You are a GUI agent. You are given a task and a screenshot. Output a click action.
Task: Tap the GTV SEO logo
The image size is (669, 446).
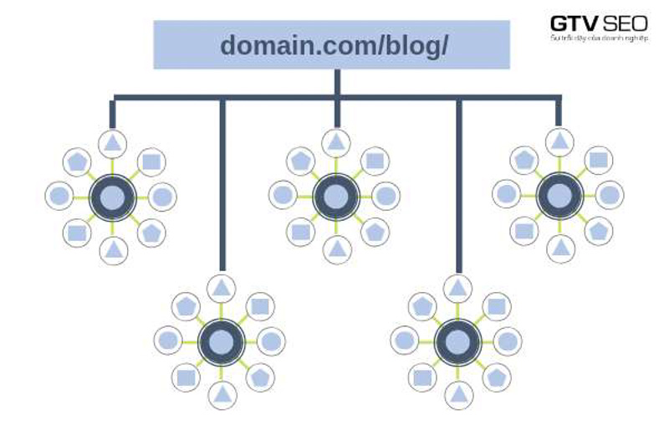(x=599, y=23)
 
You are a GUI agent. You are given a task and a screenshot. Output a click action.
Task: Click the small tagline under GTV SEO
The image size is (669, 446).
(x=599, y=38)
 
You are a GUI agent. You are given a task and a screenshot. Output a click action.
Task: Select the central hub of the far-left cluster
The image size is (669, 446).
(x=113, y=197)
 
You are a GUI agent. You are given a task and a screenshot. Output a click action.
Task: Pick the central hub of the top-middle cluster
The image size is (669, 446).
(x=335, y=197)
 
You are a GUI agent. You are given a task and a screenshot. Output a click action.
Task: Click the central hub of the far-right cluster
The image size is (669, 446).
(x=559, y=196)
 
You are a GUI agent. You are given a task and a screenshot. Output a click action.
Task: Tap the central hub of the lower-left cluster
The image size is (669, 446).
(x=222, y=342)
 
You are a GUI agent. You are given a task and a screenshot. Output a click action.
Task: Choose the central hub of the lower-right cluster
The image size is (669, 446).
(x=457, y=342)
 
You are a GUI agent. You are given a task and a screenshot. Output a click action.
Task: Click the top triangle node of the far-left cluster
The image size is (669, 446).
(x=113, y=143)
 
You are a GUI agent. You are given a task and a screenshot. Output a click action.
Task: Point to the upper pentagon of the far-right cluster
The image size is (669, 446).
(x=524, y=159)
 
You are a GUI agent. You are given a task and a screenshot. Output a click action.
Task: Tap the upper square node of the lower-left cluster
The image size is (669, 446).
(x=260, y=306)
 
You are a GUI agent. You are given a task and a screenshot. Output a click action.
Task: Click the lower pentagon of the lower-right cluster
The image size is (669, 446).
(x=497, y=377)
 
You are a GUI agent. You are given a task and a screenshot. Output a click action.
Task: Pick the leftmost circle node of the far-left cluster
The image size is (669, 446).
(x=59, y=197)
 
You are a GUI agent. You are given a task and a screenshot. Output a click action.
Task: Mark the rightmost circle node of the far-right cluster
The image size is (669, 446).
(x=610, y=196)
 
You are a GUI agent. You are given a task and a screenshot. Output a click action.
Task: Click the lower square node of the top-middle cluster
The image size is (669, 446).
(x=300, y=233)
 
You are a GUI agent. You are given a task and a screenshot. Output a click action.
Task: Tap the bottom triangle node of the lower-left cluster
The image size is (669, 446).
(x=222, y=394)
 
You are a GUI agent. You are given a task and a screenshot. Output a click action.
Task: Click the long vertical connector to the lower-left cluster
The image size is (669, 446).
(x=222, y=184)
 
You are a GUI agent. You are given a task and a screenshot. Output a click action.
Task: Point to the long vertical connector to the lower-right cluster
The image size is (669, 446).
(x=458, y=184)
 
